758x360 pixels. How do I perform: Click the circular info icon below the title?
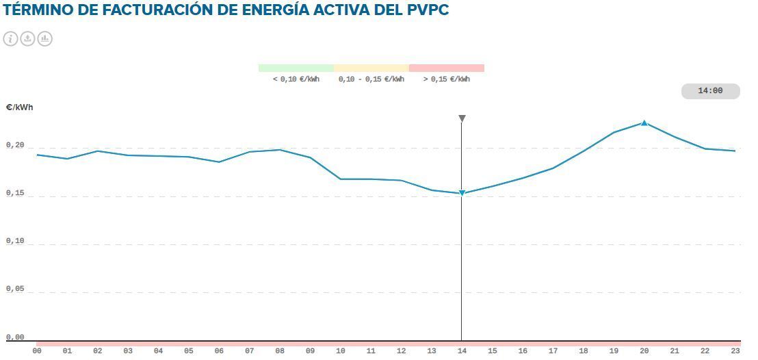click(x=10, y=38)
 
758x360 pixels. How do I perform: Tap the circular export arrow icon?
click(x=27, y=38)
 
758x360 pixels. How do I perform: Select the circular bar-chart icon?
click(x=44, y=38)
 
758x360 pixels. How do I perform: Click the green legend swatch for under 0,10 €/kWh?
click(x=296, y=68)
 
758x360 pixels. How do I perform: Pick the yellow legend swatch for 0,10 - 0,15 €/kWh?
click(x=371, y=68)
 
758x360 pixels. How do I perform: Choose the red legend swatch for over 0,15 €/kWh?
click(x=446, y=68)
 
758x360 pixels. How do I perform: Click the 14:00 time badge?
click(x=710, y=91)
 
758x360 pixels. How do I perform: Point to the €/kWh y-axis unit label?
click(x=19, y=107)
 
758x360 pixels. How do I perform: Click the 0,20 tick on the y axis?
click(x=14, y=145)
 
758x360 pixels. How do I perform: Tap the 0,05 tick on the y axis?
click(x=14, y=289)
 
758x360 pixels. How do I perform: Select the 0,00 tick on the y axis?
click(x=14, y=337)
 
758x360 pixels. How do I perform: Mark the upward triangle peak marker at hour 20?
click(x=644, y=123)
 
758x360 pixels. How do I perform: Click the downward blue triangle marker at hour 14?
click(x=462, y=193)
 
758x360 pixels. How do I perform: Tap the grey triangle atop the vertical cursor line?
click(x=462, y=118)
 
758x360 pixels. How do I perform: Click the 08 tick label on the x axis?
click(x=280, y=351)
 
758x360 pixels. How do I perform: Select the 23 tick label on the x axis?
click(x=735, y=351)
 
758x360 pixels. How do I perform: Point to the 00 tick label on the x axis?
click(x=37, y=351)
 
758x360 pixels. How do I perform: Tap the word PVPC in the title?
click(x=427, y=11)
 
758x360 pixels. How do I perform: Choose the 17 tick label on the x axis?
click(x=553, y=351)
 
